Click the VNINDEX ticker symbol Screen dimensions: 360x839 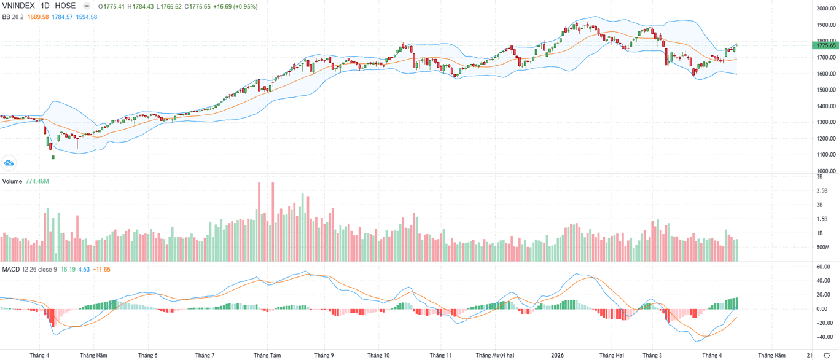(x=20, y=6)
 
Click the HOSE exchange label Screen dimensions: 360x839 (x=66, y=6)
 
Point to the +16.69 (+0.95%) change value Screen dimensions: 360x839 (x=235, y=6)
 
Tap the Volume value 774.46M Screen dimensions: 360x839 (x=37, y=181)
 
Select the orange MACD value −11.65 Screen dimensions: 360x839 (x=101, y=269)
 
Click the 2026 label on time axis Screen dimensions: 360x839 (x=557, y=355)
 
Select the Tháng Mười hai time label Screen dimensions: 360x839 (x=494, y=355)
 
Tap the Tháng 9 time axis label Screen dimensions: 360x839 (x=324, y=355)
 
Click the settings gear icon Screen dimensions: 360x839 (x=827, y=356)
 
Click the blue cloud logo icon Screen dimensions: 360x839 (x=9, y=163)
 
